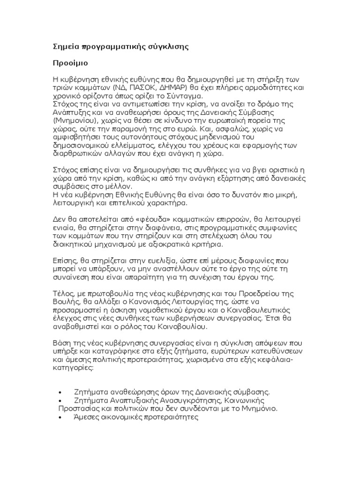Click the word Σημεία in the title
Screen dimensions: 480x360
pos(65,47)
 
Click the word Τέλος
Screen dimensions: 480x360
pos(61,293)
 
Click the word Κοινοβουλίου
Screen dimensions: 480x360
pos(184,326)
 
